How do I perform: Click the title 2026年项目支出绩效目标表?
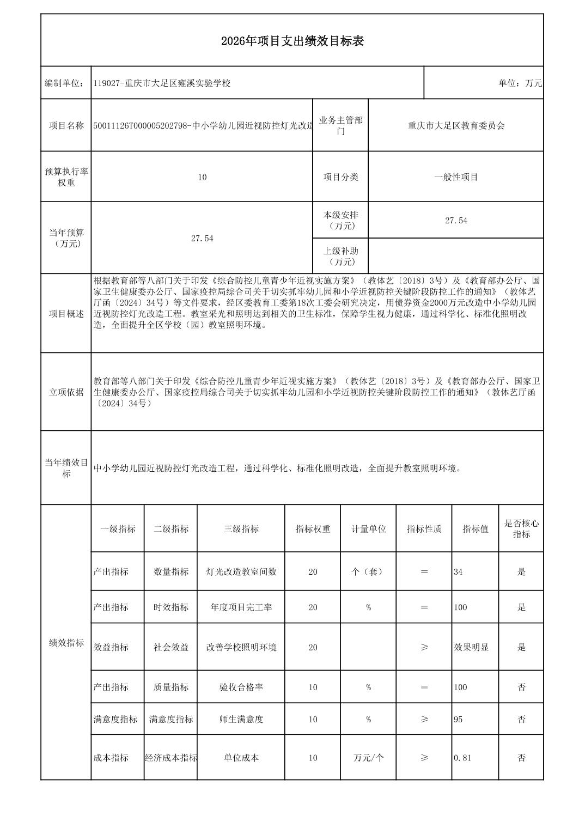292,41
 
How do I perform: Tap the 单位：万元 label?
520,83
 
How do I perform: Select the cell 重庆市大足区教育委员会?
456,126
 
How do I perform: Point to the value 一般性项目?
456,177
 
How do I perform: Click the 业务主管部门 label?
340,126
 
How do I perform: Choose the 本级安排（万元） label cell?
340,221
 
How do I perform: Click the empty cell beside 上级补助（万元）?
456,256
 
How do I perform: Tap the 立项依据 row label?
66,392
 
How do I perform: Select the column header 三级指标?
241,529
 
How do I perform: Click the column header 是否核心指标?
521,529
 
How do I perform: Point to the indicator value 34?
458,572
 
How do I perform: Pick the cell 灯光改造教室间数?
241,572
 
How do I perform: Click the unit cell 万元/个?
368,758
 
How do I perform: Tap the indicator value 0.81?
462,758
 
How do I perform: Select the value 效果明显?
471,647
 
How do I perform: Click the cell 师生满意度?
241,719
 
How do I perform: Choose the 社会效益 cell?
171,647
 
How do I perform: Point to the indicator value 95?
458,719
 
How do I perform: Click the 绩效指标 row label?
66,643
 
